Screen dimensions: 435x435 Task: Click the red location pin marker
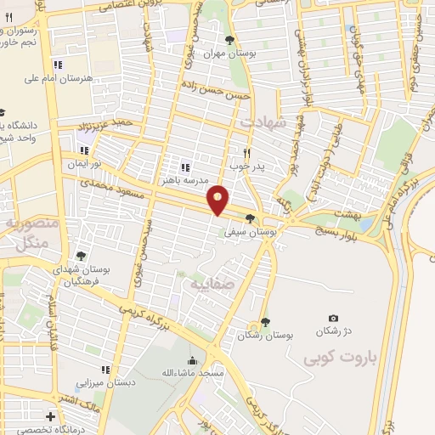click(x=219, y=199)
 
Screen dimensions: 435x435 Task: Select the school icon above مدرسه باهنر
click(x=185, y=167)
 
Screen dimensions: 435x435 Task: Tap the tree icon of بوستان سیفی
click(x=249, y=218)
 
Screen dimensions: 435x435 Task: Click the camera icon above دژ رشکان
click(x=333, y=318)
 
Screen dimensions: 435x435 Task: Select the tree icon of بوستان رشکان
click(x=266, y=322)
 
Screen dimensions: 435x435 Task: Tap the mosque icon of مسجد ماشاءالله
click(x=193, y=360)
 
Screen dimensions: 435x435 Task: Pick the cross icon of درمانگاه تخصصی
click(x=52, y=416)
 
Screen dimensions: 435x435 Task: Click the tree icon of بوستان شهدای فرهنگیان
click(x=81, y=255)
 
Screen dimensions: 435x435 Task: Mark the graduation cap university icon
click(x=3, y=112)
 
